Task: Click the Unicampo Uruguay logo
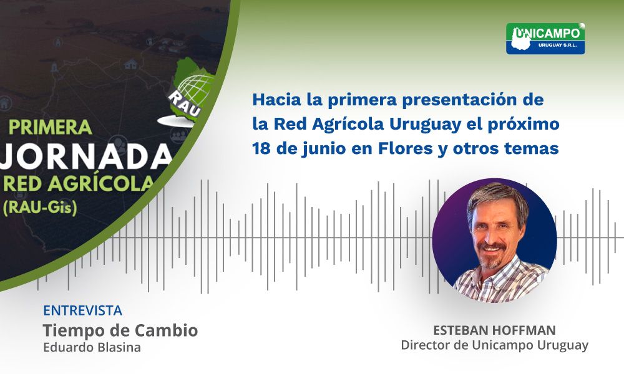tap(545, 39)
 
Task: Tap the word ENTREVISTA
tap(82, 310)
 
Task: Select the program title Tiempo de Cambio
tap(120, 330)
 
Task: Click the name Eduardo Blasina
tap(92, 348)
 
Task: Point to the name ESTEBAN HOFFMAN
tap(494, 330)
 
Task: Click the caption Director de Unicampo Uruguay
tap(494, 345)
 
